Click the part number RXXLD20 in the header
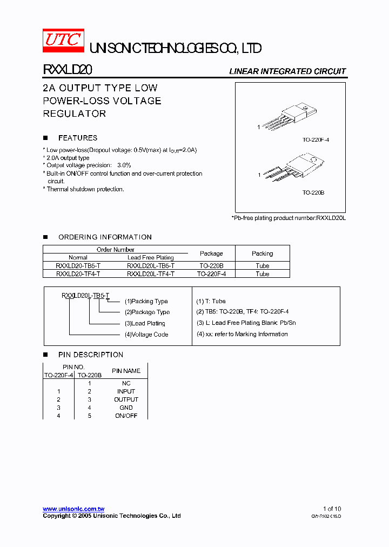pyautogui.click(x=68, y=70)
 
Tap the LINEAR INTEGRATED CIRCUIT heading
pyautogui.click(x=287, y=71)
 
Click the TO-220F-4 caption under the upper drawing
pyautogui.click(x=316, y=140)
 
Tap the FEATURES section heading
pyautogui.click(x=78, y=138)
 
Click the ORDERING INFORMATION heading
pyautogui.click(x=105, y=237)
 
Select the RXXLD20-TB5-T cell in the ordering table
pyautogui.click(x=78, y=266)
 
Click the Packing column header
pyautogui.click(x=263, y=254)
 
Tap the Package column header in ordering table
pyautogui.click(x=211, y=254)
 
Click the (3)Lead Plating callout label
pyautogui.click(x=145, y=323)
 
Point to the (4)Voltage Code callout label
pyautogui.click(x=146, y=335)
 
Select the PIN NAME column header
pyautogui.click(x=126, y=371)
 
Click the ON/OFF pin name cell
pyautogui.click(x=126, y=416)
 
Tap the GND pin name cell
pyautogui.click(x=126, y=408)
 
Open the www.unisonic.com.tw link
pyautogui.click(x=73, y=509)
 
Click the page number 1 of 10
pyautogui.click(x=332, y=509)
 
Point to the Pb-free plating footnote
pyautogui.click(x=289, y=217)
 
